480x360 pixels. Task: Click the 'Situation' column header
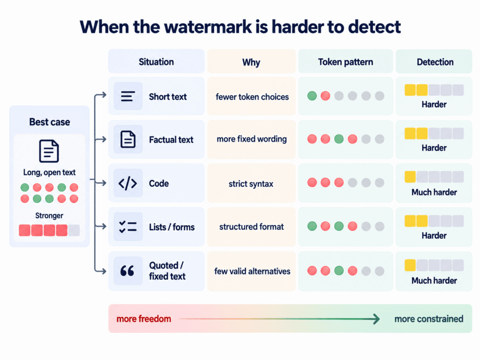pyautogui.click(x=156, y=62)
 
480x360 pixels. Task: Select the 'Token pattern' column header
pyautogui.click(x=345, y=62)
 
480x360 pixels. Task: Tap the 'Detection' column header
pyautogui.click(x=435, y=62)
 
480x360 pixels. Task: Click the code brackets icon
pyautogui.click(x=127, y=183)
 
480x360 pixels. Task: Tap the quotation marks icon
pyautogui.click(x=127, y=270)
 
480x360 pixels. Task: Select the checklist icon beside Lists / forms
pyautogui.click(x=127, y=226)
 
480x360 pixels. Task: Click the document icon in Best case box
pyautogui.click(x=49, y=151)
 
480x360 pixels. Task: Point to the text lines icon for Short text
pyautogui.click(x=127, y=96)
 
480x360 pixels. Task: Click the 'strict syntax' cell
pyautogui.click(x=251, y=184)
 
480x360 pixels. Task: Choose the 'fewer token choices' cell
pyautogui.click(x=252, y=97)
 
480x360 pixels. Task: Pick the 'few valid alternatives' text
pyautogui.click(x=252, y=271)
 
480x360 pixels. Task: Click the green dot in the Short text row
pyautogui.click(x=312, y=96)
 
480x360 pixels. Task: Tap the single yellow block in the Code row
pyautogui.click(x=410, y=177)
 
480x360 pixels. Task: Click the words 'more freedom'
pyautogui.click(x=143, y=319)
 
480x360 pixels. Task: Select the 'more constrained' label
pyautogui.click(x=428, y=319)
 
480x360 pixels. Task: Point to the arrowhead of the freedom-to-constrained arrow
pyautogui.click(x=377, y=319)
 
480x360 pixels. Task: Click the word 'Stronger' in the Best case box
pyautogui.click(x=49, y=216)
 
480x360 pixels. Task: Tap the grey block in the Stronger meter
pyautogui.click(x=74, y=230)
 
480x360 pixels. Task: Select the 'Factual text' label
pyautogui.click(x=171, y=140)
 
